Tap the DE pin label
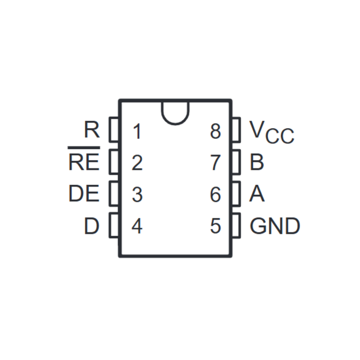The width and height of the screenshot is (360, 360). [x=84, y=194]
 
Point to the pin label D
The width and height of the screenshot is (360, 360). [x=91, y=226]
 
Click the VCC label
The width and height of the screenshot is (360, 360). [x=271, y=133]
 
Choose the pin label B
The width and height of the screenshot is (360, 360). [x=257, y=162]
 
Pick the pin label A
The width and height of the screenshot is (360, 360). [x=257, y=194]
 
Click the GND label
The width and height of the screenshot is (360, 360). [x=275, y=226]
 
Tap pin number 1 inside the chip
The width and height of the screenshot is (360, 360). [x=137, y=131]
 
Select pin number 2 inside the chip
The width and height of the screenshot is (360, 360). [x=137, y=163]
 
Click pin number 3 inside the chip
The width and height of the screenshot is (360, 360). [x=137, y=195]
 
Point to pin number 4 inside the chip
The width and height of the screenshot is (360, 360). [x=137, y=226]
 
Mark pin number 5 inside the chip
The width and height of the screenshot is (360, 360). [x=216, y=226]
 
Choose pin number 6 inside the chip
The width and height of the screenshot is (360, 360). [x=216, y=195]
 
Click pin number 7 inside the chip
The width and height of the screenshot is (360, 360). [x=216, y=163]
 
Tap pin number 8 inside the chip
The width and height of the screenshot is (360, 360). [x=216, y=131]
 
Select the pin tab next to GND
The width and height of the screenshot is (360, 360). [x=236, y=225]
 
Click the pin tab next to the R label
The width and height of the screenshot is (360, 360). [x=114, y=130]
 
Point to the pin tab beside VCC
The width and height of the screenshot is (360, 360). [x=236, y=130]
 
